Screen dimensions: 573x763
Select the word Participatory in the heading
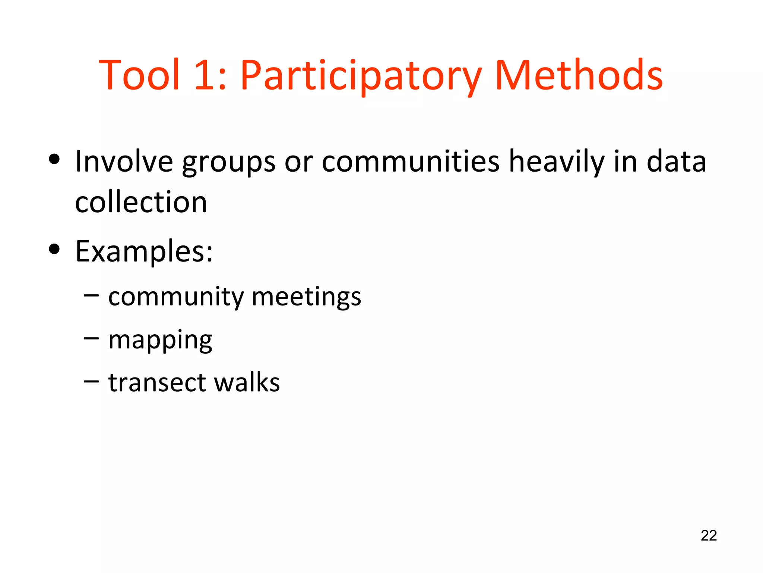pos(361,76)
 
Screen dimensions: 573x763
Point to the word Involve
pos(124,161)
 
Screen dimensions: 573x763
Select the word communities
pos(410,161)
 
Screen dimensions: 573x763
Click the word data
pos(676,161)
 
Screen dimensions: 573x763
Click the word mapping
pos(160,341)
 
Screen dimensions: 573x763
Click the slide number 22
pos(709,535)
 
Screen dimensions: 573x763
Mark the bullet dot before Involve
pos(54,159)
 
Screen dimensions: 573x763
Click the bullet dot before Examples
pos(54,249)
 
